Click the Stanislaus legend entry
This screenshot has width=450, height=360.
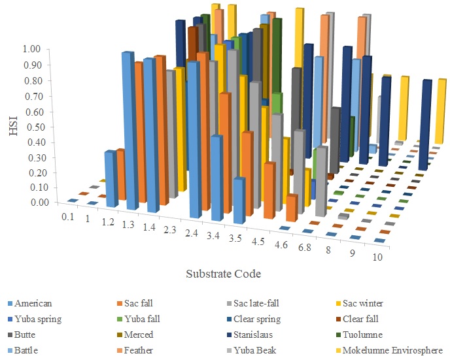pos(257,335)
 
